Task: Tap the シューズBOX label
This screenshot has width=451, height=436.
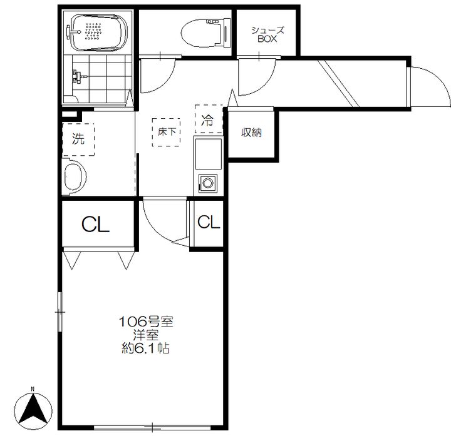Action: [x=267, y=34]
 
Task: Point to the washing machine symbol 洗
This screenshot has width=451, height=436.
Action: [x=78, y=139]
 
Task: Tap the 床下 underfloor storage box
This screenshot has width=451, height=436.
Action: [x=166, y=132]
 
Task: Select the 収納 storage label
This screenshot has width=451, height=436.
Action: [x=251, y=133]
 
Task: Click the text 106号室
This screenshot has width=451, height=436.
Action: [x=146, y=322]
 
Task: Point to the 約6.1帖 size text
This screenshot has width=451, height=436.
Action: [x=145, y=348]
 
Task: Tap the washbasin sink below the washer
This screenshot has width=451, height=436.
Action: [x=74, y=176]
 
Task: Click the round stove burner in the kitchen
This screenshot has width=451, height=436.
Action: [x=208, y=183]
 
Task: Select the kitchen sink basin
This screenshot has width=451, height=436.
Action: [x=209, y=154]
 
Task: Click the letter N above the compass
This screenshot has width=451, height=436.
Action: [x=33, y=389]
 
